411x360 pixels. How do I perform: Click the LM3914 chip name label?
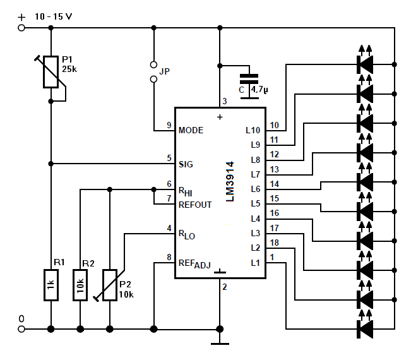[230, 181]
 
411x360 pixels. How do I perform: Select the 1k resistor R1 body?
[51, 285]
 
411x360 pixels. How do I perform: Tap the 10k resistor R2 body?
[80, 285]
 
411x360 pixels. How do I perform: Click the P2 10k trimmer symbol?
[110, 285]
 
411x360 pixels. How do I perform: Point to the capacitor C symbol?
[249, 87]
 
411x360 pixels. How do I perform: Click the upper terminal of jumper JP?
[153, 64]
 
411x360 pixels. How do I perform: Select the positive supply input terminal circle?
[21, 28]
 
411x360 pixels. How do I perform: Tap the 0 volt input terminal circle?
[21, 329]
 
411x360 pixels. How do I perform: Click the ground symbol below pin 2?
[220, 344]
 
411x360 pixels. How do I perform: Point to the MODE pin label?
[191, 130]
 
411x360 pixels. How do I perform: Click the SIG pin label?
[186, 164]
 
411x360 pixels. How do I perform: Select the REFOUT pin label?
[195, 205]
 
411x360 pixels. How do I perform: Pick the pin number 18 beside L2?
[274, 243]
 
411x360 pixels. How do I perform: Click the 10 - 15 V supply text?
[54, 17]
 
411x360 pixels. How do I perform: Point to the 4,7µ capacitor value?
[259, 90]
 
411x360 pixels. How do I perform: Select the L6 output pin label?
[255, 189]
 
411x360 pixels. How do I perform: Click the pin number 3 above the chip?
[225, 101]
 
